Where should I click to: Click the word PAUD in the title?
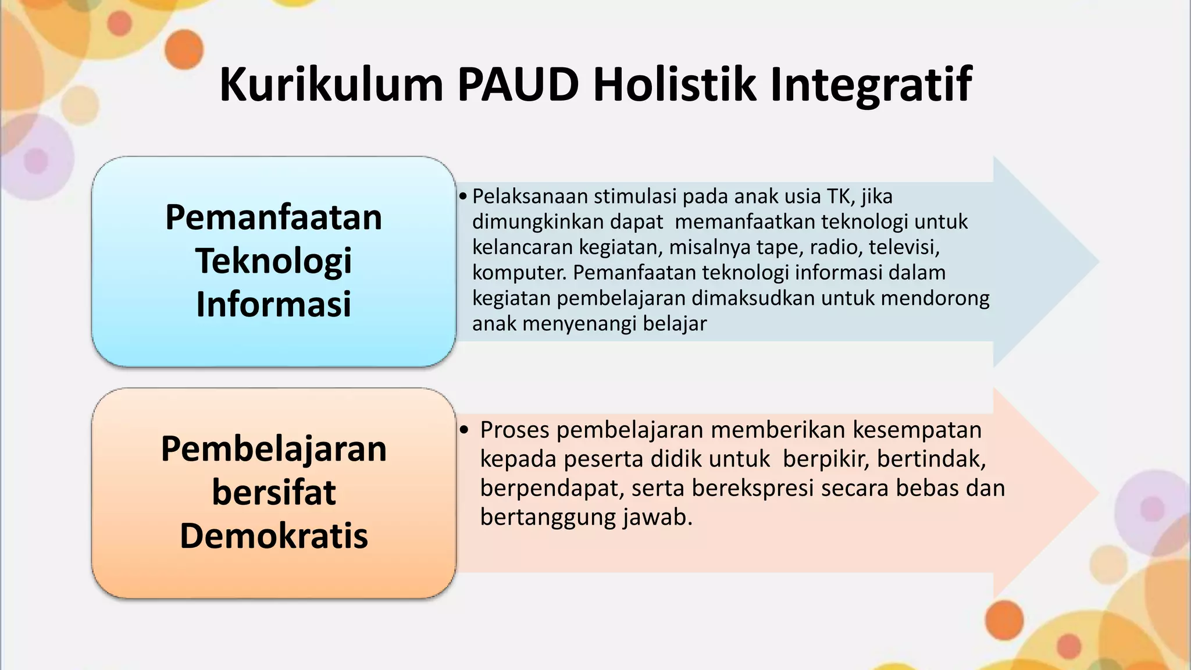[x=518, y=85]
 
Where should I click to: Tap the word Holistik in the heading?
[x=675, y=85]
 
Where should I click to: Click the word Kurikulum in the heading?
[x=331, y=85]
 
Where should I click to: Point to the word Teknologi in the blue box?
[x=273, y=261]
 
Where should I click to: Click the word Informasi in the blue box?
[x=273, y=304]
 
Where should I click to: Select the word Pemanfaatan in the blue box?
[x=273, y=218]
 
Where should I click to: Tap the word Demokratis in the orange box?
[x=273, y=536]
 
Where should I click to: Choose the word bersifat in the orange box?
[x=273, y=492]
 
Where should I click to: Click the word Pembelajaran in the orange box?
[x=273, y=449]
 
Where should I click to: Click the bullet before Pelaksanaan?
[x=462, y=197]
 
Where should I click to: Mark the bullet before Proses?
[x=463, y=430]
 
